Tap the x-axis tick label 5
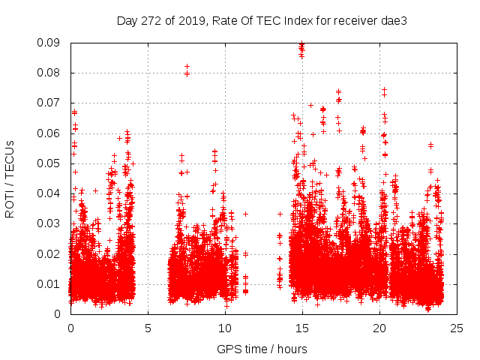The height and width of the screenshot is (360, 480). click(x=148, y=328)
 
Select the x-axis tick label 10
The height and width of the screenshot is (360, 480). click(x=225, y=328)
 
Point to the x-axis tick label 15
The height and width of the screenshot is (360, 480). click(x=302, y=328)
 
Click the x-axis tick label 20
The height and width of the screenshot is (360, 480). click(x=379, y=328)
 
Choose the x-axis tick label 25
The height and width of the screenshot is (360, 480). click(x=457, y=328)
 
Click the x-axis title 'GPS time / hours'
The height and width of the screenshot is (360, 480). click(x=263, y=349)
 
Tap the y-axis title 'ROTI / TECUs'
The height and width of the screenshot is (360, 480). click(x=10, y=178)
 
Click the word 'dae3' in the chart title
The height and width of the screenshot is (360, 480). click(x=394, y=21)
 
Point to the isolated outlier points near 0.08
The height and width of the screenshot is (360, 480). click(x=187, y=70)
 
